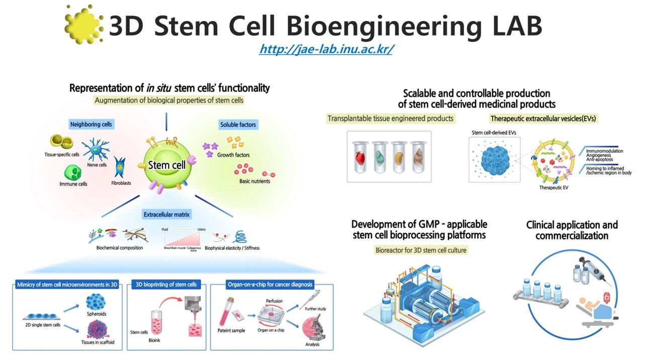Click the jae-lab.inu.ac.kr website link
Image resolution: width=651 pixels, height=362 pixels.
click(326, 50)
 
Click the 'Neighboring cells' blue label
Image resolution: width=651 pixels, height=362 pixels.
click(91, 124)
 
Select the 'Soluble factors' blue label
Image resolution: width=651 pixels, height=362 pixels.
click(238, 124)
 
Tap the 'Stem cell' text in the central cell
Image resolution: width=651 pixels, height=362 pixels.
click(166, 164)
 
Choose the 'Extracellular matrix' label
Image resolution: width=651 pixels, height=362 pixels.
click(167, 215)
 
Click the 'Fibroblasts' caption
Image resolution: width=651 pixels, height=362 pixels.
click(121, 184)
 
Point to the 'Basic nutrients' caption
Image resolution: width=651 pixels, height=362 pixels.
click(254, 181)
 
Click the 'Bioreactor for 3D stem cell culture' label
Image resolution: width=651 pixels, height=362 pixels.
click(421, 250)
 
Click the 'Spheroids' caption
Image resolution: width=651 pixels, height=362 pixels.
click(96, 314)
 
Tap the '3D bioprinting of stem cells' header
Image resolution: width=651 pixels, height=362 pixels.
click(166, 285)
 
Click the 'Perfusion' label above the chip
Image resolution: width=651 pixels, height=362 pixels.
click(274, 301)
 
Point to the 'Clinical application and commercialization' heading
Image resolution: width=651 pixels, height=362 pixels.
click(572, 230)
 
